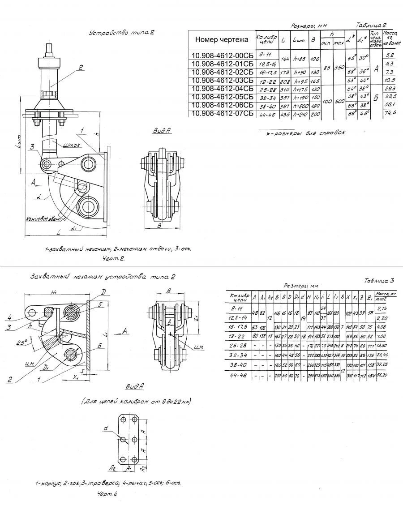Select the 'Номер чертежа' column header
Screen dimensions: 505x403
222,39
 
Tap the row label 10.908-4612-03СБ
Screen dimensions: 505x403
222,81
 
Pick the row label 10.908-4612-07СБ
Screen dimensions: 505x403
222,114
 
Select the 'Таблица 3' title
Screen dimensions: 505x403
378,280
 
